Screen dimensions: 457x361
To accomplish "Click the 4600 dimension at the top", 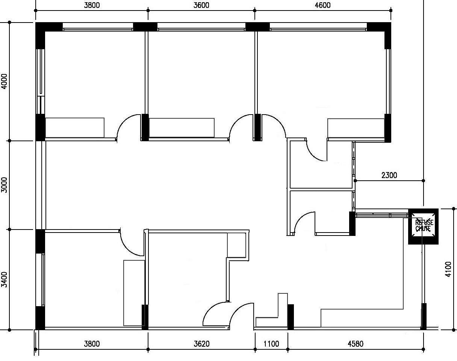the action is (322, 5).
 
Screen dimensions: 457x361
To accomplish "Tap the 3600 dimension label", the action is (201, 5).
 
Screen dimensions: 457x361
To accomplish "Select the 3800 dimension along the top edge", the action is (92, 5).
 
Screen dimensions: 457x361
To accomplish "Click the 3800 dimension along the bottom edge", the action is (92, 344).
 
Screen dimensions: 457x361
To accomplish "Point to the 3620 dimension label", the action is (201, 344).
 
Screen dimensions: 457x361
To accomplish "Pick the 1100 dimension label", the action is (271, 344).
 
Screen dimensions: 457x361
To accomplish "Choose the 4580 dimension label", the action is (356, 344).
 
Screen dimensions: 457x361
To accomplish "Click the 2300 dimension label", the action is (389, 175).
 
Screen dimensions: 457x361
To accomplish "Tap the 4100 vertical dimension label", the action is (448, 269).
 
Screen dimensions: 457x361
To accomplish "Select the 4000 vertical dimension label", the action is (4, 81).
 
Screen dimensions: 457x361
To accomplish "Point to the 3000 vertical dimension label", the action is (4, 185).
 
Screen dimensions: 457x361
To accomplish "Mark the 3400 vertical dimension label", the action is (4, 279).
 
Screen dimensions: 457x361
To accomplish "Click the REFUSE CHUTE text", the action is (424, 226).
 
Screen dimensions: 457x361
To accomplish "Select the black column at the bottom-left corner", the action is (40, 318).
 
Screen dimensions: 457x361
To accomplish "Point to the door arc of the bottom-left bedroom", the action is (127, 247).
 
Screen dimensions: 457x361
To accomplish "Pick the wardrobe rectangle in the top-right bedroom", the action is (356, 128).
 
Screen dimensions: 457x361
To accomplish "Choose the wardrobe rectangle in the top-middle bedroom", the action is (182, 128).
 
